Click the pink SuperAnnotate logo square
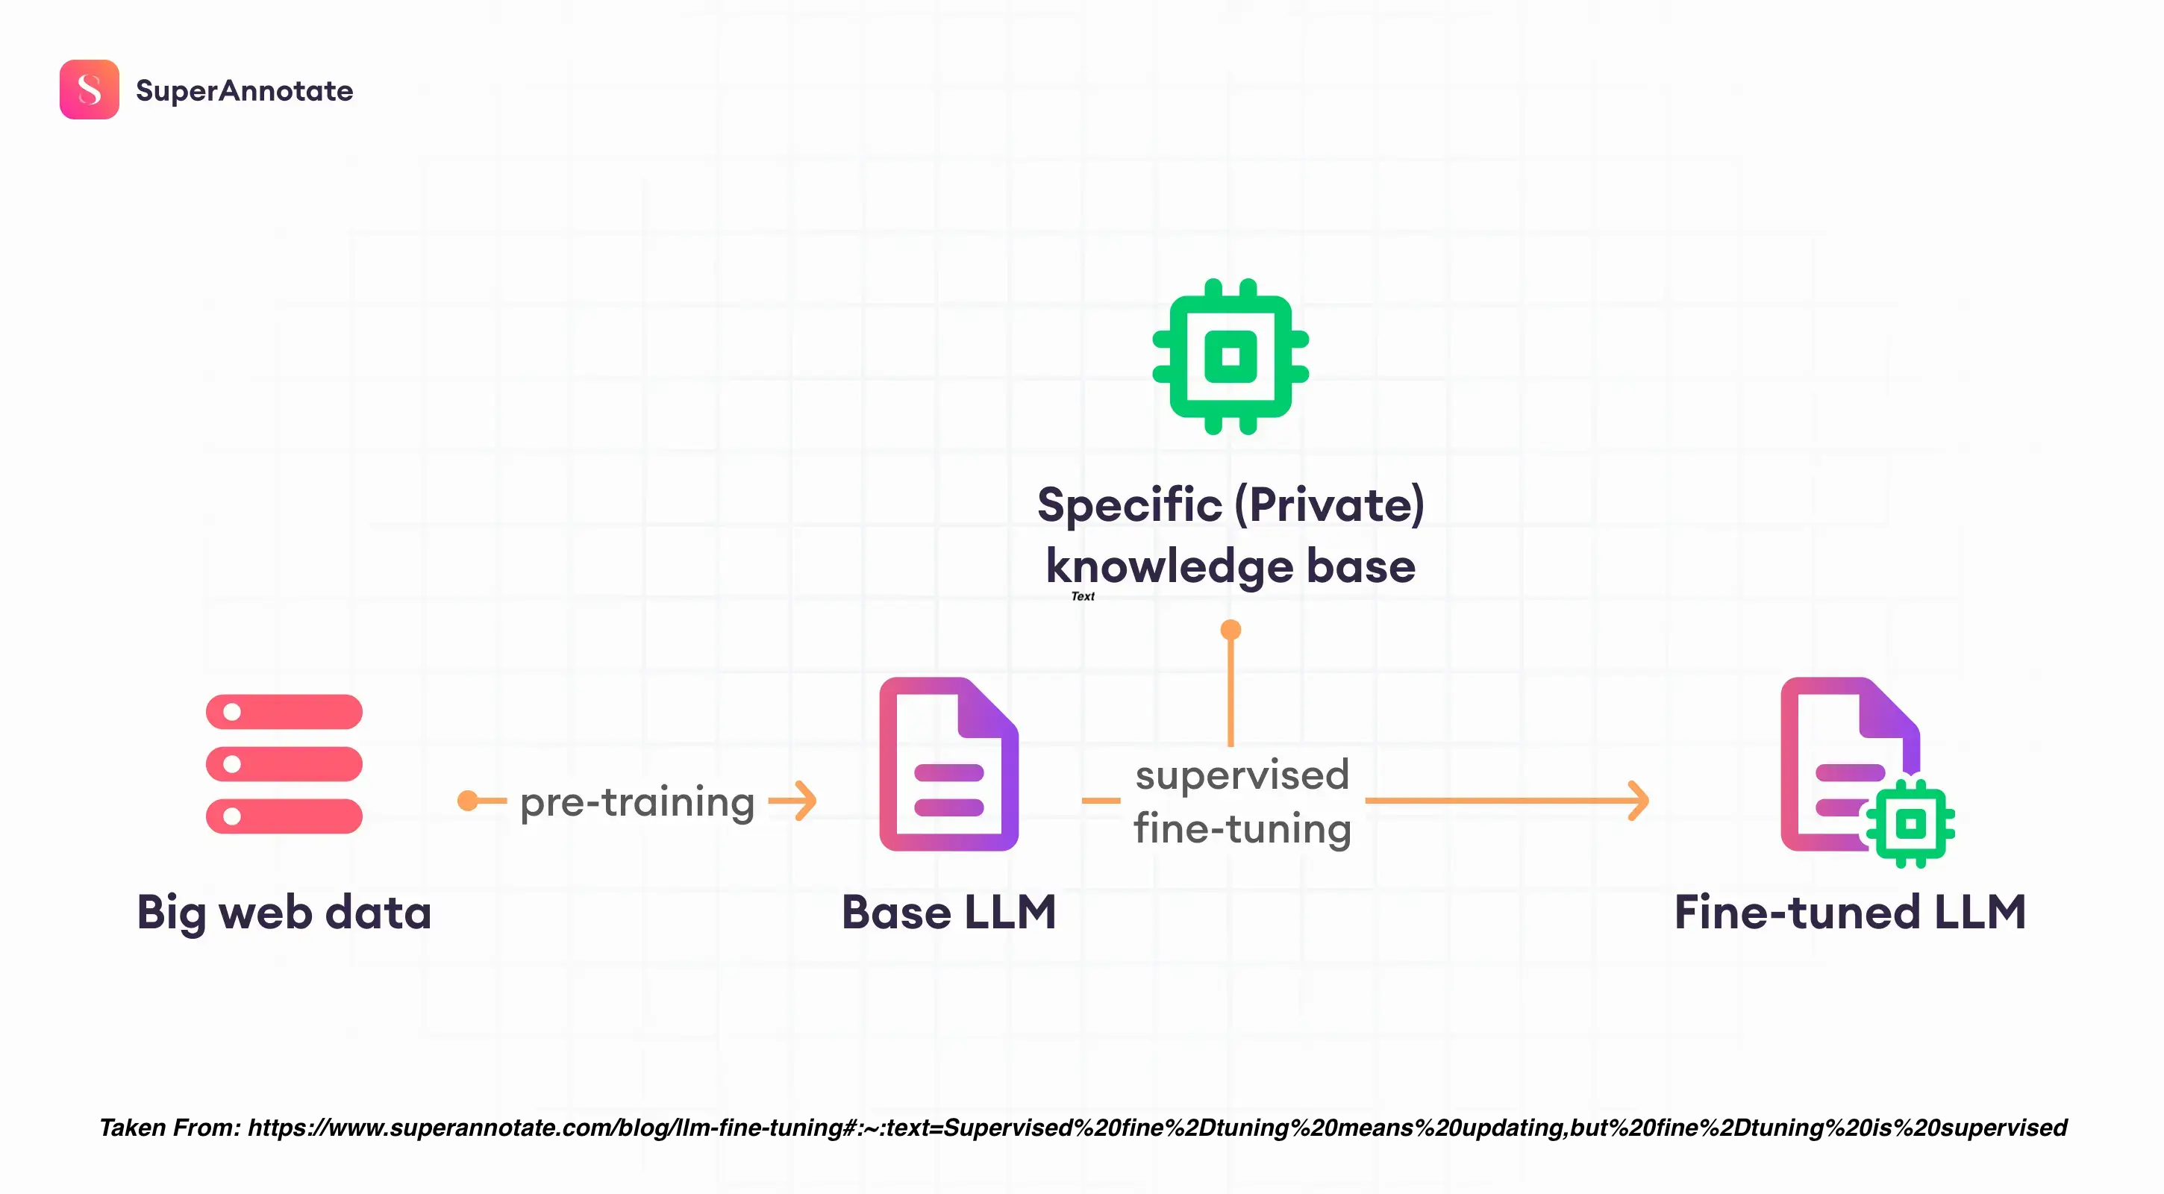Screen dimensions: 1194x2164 89,89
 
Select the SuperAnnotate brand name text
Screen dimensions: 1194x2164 245,91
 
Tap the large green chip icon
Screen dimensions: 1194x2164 1230,356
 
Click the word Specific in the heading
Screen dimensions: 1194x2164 1129,505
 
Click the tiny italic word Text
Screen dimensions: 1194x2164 1083,596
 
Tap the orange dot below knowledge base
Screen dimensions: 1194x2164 1230,629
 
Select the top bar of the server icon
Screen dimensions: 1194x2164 284,712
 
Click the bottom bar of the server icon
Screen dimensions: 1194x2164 284,816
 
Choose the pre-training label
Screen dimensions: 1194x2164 637,801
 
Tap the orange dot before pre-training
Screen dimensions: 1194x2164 468,801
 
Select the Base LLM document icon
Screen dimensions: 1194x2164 948,764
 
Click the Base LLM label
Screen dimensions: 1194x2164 948,913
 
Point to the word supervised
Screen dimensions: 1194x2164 1242,775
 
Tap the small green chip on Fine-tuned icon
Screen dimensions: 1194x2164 1910,823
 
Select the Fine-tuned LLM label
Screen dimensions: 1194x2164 1850,913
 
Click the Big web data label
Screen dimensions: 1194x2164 284,913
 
